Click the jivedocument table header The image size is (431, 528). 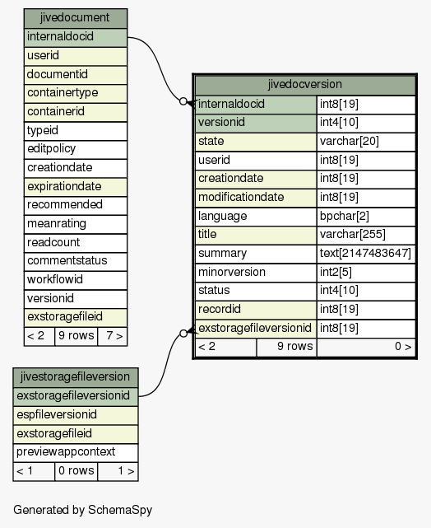point(76,18)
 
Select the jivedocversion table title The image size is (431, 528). point(305,85)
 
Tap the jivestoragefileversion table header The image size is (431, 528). point(76,377)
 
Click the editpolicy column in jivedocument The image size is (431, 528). point(76,149)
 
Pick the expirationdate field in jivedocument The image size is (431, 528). point(76,187)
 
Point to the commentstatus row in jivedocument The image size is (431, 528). point(76,261)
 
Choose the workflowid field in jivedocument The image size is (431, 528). point(76,280)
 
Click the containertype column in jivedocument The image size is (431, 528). point(76,93)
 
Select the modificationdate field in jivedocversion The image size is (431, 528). point(256,198)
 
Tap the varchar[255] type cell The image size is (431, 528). point(366,235)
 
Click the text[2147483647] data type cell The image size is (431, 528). point(366,254)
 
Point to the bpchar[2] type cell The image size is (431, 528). point(366,217)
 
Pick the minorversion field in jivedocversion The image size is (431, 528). point(256,273)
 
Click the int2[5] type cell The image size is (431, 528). point(366,273)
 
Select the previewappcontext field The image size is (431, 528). point(76,452)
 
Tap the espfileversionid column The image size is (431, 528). point(76,415)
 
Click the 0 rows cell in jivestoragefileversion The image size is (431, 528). point(76,471)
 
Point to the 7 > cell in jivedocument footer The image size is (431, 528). point(113,336)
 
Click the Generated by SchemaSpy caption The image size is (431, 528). point(83,510)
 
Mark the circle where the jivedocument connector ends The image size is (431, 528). point(183,101)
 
